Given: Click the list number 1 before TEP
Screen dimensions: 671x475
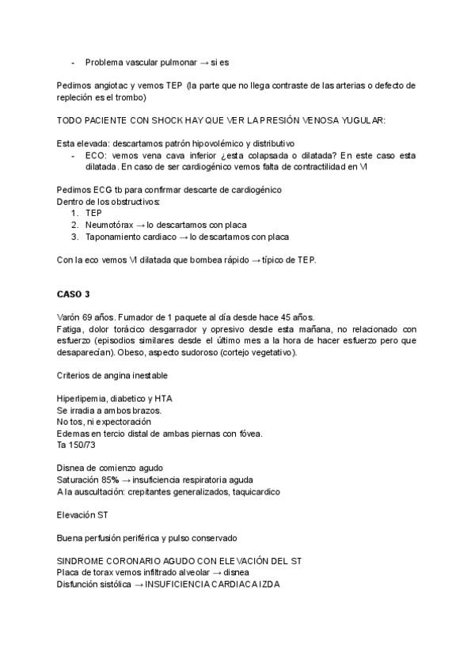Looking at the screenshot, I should (x=74, y=213).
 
